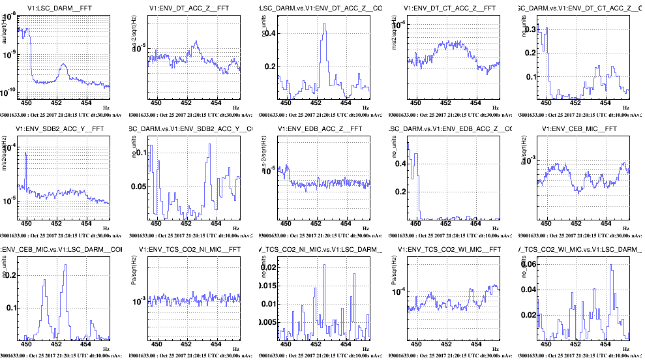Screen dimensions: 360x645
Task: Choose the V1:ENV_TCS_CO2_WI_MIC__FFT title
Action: [451, 250]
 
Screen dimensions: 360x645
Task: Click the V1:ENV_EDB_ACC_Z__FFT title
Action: [319, 128]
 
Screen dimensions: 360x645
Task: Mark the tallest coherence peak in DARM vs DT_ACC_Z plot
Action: [323, 34]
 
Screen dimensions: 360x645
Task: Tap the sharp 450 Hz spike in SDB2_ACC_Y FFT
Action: [25, 153]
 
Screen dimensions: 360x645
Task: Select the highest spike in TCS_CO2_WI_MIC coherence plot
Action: [611, 265]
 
